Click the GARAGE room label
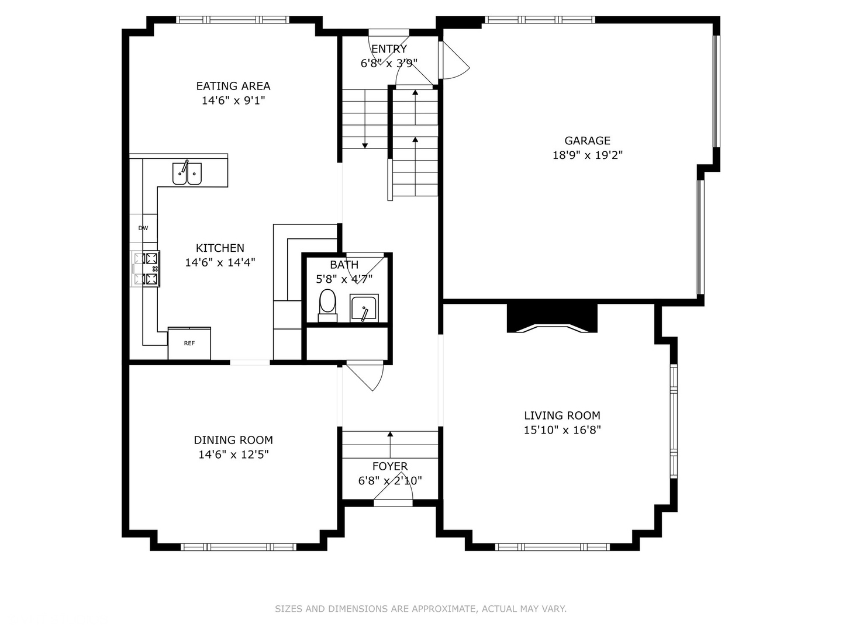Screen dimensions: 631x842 coord(587,141)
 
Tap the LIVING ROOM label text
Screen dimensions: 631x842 coord(562,415)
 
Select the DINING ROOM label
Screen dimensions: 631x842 coord(233,440)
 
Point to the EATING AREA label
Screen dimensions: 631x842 coord(233,86)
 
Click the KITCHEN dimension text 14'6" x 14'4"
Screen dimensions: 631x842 coord(220,262)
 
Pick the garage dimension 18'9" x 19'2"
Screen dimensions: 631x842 coord(587,155)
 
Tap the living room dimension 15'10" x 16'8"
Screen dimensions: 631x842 coord(562,430)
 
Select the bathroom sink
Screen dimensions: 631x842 coord(364,308)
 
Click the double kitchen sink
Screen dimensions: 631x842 coord(187,174)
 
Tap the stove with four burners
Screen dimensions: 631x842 coord(146,269)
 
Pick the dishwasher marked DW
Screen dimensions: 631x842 coord(143,228)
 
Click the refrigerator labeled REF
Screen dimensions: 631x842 coord(189,344)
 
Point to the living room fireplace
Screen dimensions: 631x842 coord(551,319)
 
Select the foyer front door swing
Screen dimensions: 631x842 coord(393,488)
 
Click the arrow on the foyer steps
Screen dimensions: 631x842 coord(390,435)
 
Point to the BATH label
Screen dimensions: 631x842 coord(344,265)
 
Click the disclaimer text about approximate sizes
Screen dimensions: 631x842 coord(420,609)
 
